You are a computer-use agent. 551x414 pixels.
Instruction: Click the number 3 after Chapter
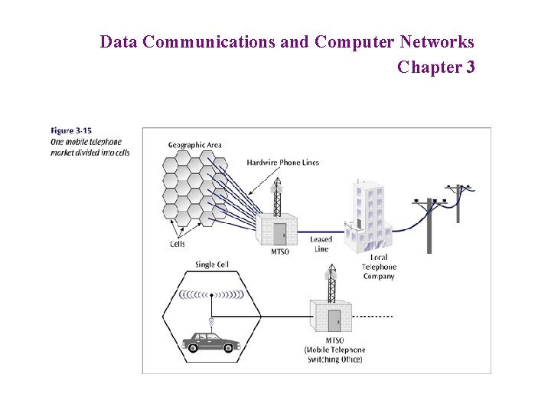pyautogui.click(x=469, y=67)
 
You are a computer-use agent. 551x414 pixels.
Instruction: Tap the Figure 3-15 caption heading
pyautogui.click(x=71, y=131)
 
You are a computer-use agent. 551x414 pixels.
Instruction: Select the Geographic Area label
pyautogui.click(x=194, y=145)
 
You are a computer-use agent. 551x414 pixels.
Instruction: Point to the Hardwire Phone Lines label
pyautogui.click(x=282, y=163)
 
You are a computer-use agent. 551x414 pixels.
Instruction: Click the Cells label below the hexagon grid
pyautogui.click(x=178, y=244)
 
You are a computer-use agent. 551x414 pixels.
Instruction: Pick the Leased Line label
pyautogui.click(x=321, y=244)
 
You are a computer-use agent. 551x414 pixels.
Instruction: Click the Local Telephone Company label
pyautogui.click(x=378, y=267)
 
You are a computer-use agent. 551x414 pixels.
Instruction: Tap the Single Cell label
pyautogui.click(x=211, y=264)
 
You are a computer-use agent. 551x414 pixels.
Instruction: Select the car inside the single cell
pyautogui.click(x=210, y=342)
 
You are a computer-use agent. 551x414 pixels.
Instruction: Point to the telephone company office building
pyautogui.click(x=369, y=211)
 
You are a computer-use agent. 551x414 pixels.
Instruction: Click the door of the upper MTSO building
pyautogui.click(x=280, y=234)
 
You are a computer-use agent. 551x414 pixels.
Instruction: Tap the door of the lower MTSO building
pyautogui.click(x=334, y=320)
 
